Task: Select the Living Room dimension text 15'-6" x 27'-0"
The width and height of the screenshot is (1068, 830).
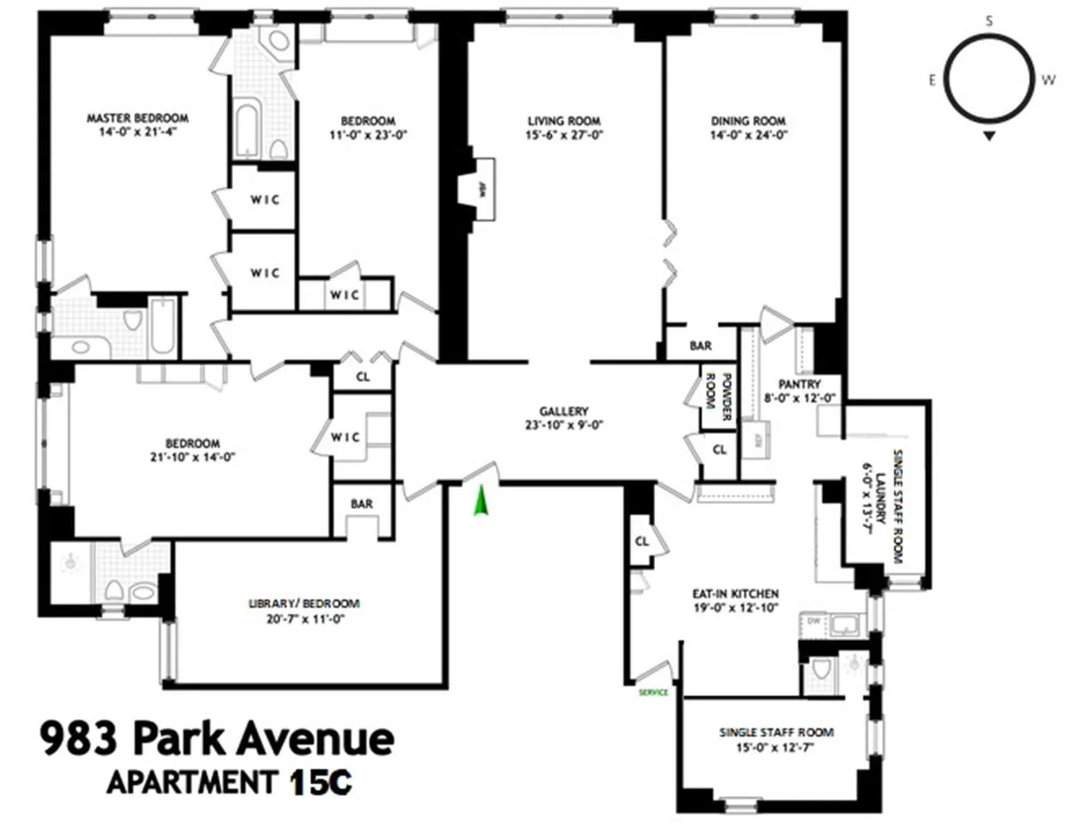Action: click(x=563, y=136)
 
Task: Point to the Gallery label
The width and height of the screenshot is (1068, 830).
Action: click(x=563, y=411)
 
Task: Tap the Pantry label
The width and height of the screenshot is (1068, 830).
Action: click(x=798, y=384)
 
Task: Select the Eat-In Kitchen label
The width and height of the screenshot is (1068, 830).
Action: click(x=735, y=593)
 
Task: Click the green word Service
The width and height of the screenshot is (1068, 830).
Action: click(x=653, y=692)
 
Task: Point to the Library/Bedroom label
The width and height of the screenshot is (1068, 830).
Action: click(x=303, y=603)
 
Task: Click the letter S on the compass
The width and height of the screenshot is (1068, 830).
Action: click(x=989, y=21)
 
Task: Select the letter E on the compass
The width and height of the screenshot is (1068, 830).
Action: click(x=932, y=80)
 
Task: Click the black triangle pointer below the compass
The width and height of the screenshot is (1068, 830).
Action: click(x=989, y=136)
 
